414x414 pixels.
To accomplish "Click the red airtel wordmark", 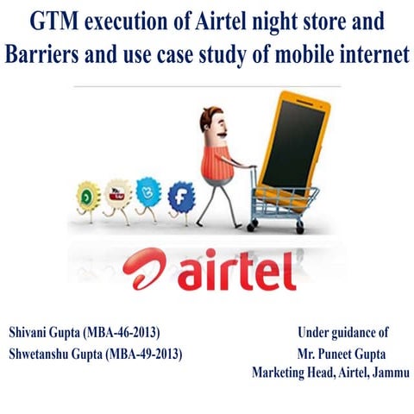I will tap(237, 270).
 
